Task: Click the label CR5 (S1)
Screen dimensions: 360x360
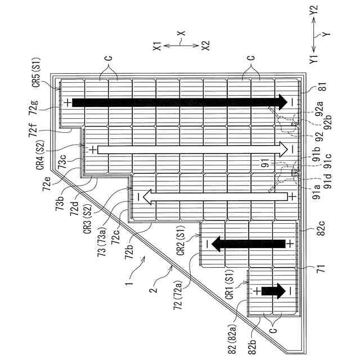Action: [35, 71]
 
